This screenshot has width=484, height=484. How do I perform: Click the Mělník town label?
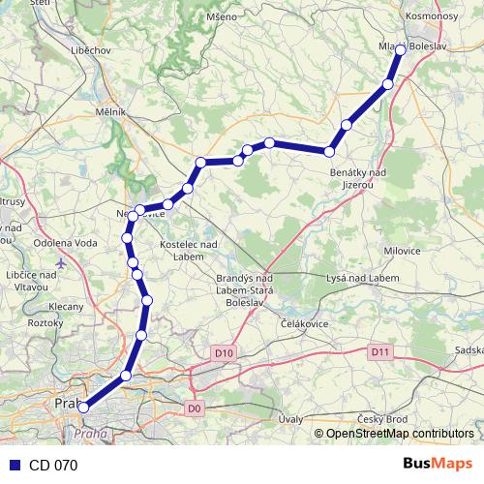coord(111,112)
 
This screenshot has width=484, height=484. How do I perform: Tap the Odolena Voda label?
coord(60,243)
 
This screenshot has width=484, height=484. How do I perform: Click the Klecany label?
coord(66,306)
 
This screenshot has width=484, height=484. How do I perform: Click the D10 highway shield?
coord(223,354)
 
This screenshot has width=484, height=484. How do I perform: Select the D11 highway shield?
coord(378,353)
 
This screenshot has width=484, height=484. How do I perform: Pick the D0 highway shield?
coord(196,408)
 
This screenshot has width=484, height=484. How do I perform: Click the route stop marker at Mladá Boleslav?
coord(399,50)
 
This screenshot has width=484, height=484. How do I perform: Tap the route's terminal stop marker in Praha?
coord(83,408)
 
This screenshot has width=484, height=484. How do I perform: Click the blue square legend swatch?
coord(14,465)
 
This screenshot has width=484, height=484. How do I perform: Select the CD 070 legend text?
coord(53,465)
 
